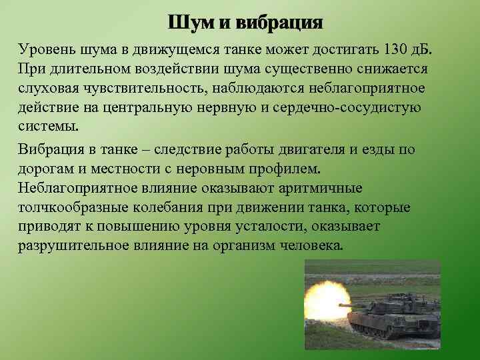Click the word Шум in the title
pyautogui.click(x=190, y=23)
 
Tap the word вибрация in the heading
pyautogui.click(x=281, y=23)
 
